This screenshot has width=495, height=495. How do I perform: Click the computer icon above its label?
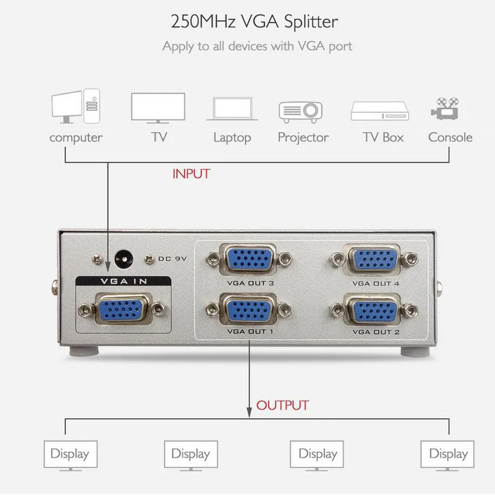[x=75, y=106]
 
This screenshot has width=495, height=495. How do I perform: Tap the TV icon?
[x=158, y=107]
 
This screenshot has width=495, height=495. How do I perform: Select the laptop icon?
[x=235, y=109]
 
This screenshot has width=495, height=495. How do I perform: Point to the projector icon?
[x=300, y=111]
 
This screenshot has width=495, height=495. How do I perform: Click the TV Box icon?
[x=380, y=111]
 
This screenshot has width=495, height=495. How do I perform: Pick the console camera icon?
[x=444, y=108]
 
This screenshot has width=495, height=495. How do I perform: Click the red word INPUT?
[x=191, y=174]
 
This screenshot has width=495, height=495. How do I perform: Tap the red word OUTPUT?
[x=282, y=405]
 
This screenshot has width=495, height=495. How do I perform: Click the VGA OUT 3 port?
[x=249, y=258]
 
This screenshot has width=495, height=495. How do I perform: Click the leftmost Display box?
[x=70, y=454]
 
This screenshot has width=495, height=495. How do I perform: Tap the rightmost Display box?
[x=448, y=454]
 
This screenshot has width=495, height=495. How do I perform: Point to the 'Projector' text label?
[x=303, y=137]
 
